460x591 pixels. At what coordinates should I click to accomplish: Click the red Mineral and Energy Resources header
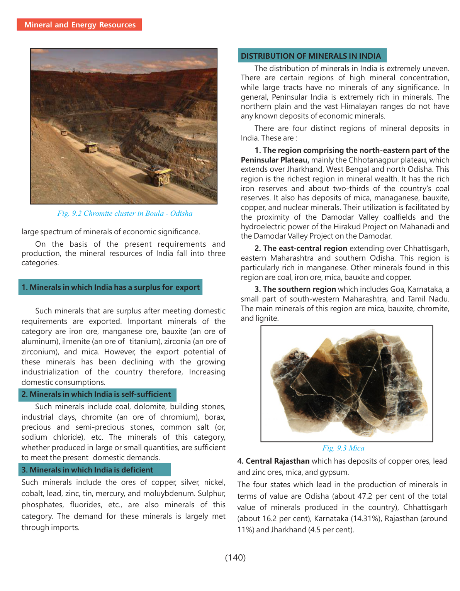(x=80, y=25)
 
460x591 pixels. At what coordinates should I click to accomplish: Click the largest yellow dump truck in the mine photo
(x=158, y=175)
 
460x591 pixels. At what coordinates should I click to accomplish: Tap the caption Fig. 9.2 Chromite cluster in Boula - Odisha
(x=125, y=213)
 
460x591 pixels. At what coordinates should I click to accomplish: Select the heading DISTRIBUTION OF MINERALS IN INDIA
(x=311, y=56)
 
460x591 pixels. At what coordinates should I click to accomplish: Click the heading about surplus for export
(x=110, y=287)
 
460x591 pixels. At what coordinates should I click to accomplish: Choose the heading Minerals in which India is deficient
(x=91, y=470)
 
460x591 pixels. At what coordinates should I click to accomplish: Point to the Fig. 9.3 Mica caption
(x=343, y=448)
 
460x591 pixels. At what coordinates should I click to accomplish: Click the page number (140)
(x=235, y=557)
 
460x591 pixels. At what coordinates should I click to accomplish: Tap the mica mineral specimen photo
(x=346, y=383)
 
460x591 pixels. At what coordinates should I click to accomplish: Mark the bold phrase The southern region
(x=299, y=290)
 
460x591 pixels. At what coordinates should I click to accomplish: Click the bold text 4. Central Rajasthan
(x=273, y=461)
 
